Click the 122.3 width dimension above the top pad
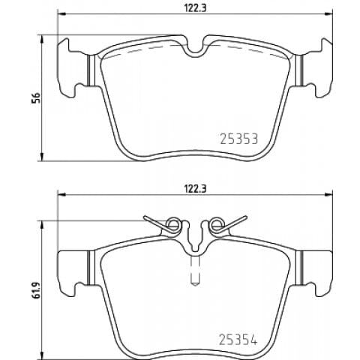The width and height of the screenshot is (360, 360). pyautogui.click(x=195, y=8)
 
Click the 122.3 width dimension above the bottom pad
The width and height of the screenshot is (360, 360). pyautogui.click(x=195, y=188)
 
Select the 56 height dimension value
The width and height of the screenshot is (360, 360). pyautogui.click(x=36, y=97)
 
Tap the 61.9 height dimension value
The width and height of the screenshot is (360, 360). pyautogui.click(x=36, y=290)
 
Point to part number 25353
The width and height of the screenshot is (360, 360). pyautogui.click(x=238, y=139)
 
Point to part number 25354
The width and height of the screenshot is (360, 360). pyautogui.click(x=238, y=340)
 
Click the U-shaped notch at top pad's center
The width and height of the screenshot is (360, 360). pyautogui.click(x=195, y=52)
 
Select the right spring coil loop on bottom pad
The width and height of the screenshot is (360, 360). pyautogui.click(x=217, y=224)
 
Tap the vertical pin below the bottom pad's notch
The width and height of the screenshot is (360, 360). pyautogui.click(x=195, y=271)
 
